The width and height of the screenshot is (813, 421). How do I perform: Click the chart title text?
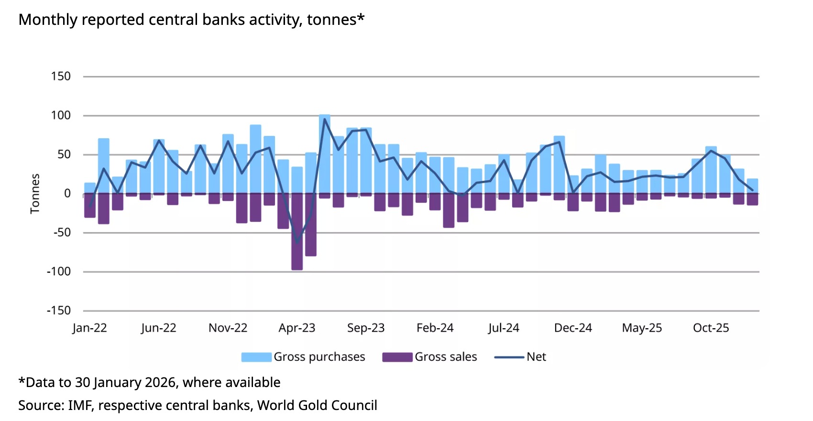coord(191,20)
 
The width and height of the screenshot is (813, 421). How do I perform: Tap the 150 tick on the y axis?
coord(61,77)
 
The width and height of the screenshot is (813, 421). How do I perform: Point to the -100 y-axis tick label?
coord(59,272)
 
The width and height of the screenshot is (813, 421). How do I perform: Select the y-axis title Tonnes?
coord(35,193)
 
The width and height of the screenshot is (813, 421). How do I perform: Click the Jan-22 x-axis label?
coord(89,328)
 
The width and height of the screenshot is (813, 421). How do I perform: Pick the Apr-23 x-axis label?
coord(297,328)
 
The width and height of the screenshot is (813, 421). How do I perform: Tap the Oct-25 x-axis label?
coord(711,328)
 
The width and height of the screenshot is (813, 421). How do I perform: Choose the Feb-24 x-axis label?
coord(435,328)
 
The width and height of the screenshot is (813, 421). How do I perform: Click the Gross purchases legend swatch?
coord(256,357)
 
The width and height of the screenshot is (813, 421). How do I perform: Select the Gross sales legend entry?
coord(445,357)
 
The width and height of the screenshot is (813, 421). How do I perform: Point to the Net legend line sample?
coord(509,357)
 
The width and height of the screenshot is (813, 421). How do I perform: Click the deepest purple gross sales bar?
coord(297,232)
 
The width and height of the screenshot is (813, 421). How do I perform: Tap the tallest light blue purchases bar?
coord(325,153)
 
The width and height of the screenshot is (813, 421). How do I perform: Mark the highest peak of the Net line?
coord(325,119)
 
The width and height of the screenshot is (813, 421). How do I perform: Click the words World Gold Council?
coord(317,406)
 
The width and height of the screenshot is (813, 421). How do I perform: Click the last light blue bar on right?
coord(752,186)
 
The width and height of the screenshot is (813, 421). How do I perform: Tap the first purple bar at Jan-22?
coord(90,206)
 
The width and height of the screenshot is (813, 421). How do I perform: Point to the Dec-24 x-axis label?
coord(573,328)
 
